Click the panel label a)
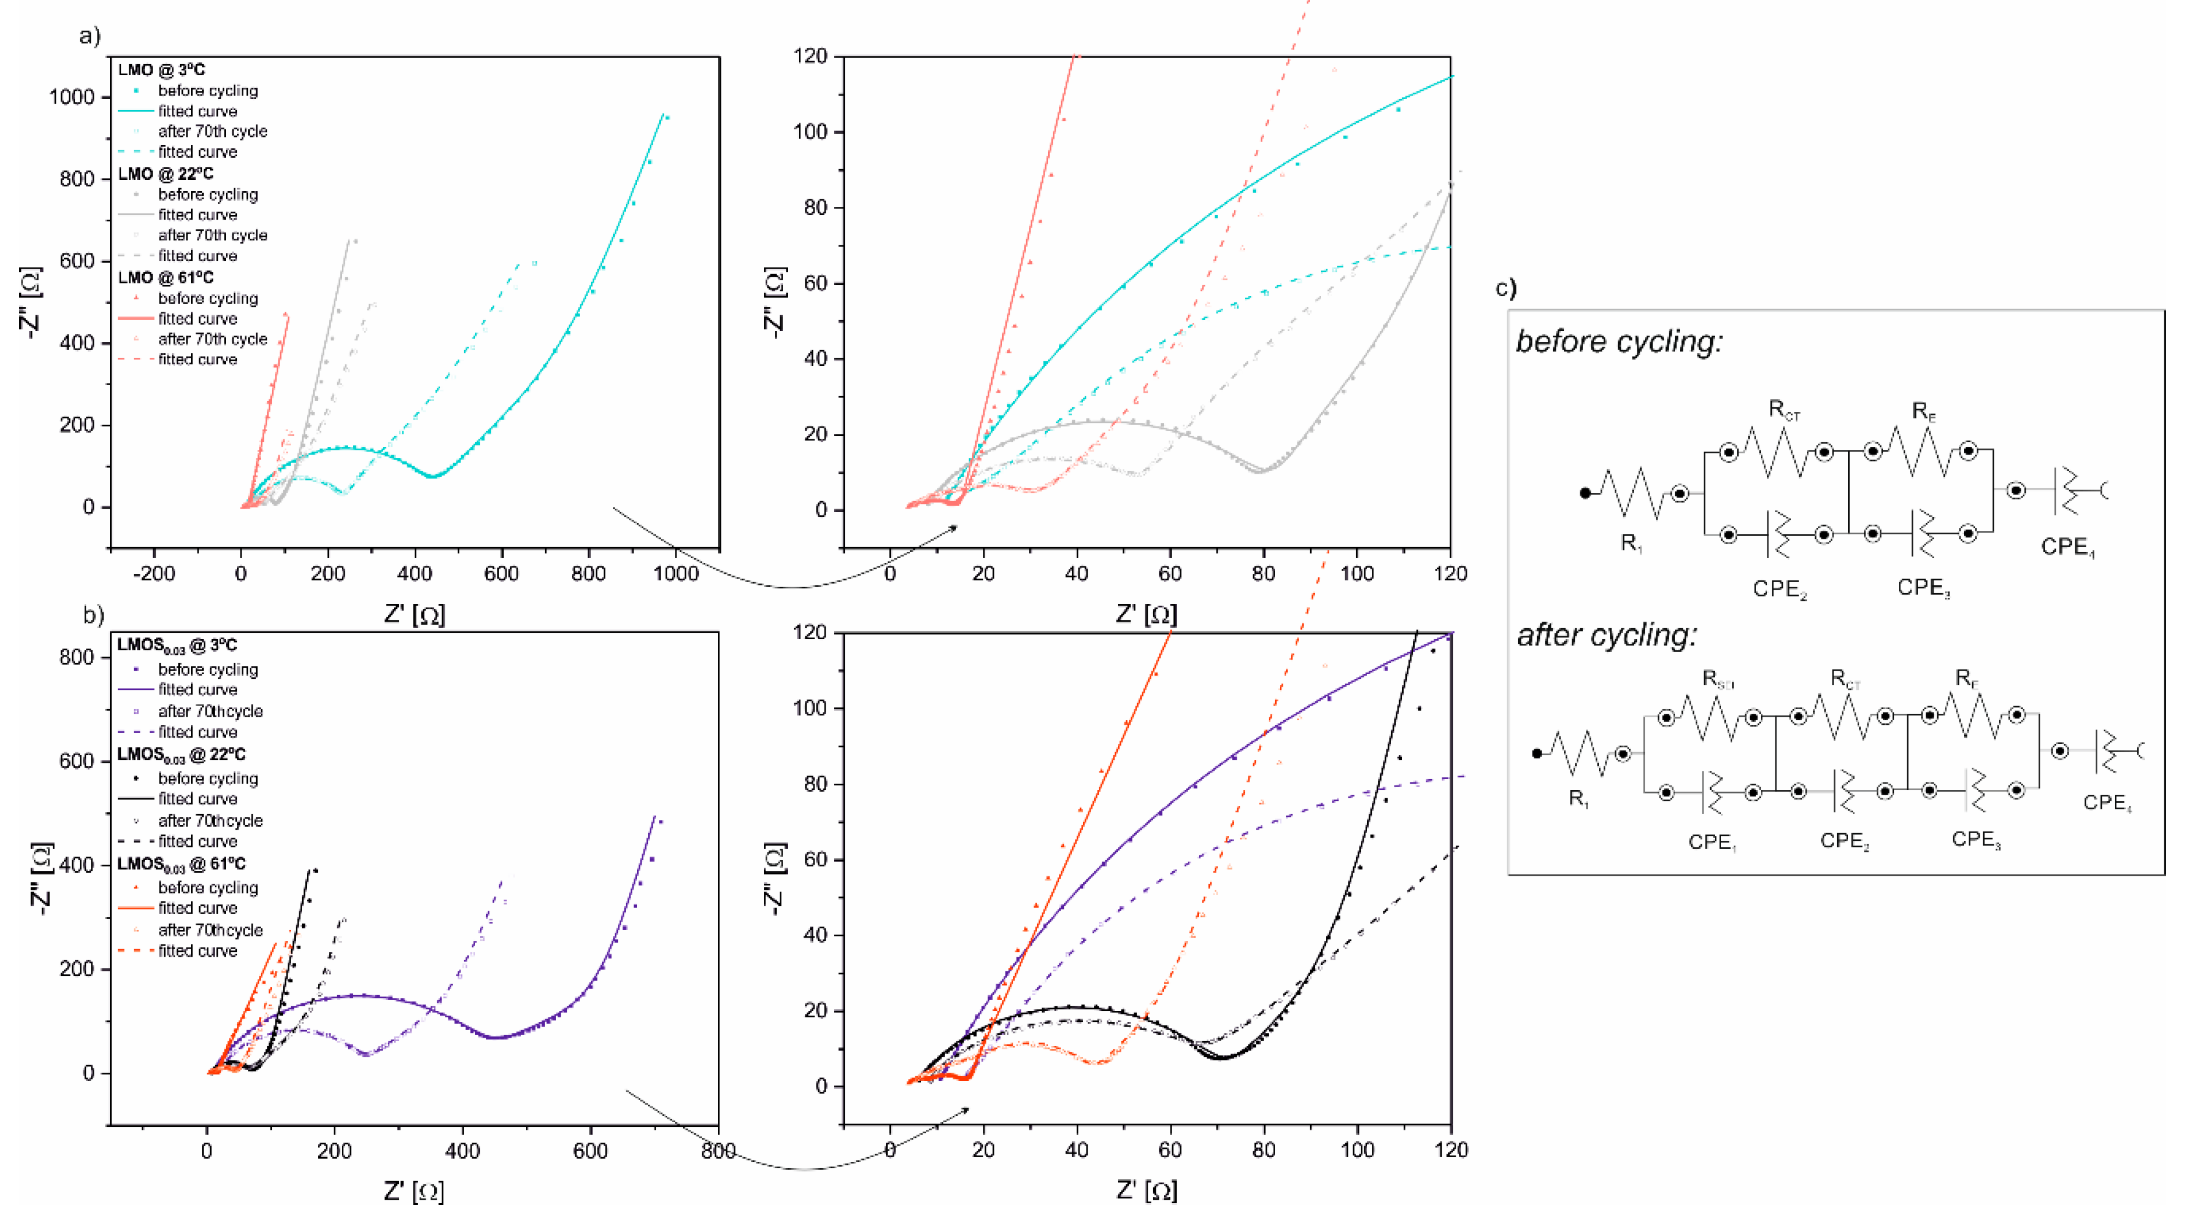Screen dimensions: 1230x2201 coord(89,36)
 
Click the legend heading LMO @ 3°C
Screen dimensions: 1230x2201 coord(161,70)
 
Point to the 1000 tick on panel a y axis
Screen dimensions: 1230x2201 coord(72,97)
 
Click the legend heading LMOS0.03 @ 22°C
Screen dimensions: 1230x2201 coord(181,755)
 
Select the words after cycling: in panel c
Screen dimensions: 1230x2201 coord(1606,636)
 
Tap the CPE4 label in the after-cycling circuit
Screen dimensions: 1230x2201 coord(2106,803)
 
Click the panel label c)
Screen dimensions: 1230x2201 coord(1506,288)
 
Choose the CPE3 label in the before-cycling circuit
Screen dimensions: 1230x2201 coord(1923,588)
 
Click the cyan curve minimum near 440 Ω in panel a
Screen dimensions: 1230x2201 coord(433,476)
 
